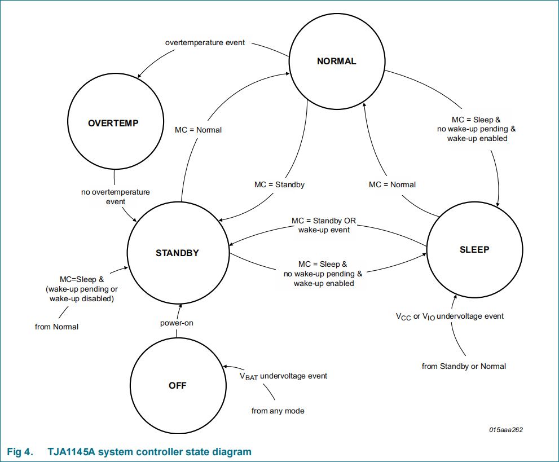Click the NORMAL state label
(337, 61)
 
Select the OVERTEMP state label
(113, 124)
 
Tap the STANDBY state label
(177, 253)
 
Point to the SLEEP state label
(474, 249)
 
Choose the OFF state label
(178, 386)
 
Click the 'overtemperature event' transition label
(205, 43)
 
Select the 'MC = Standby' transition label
(280, 184)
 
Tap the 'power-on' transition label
(177, 323)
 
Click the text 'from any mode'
(278, 411)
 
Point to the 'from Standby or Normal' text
(464, 367)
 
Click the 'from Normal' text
(56, 327)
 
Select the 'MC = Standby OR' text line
(324, 221)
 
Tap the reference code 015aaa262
(506, 430)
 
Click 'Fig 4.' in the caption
(20, 452)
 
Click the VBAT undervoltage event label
(283, 376)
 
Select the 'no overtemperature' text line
(116, 192)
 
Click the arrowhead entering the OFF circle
(225, 367)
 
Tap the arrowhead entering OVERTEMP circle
(140, 76)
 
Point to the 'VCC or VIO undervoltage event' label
(450, 316)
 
